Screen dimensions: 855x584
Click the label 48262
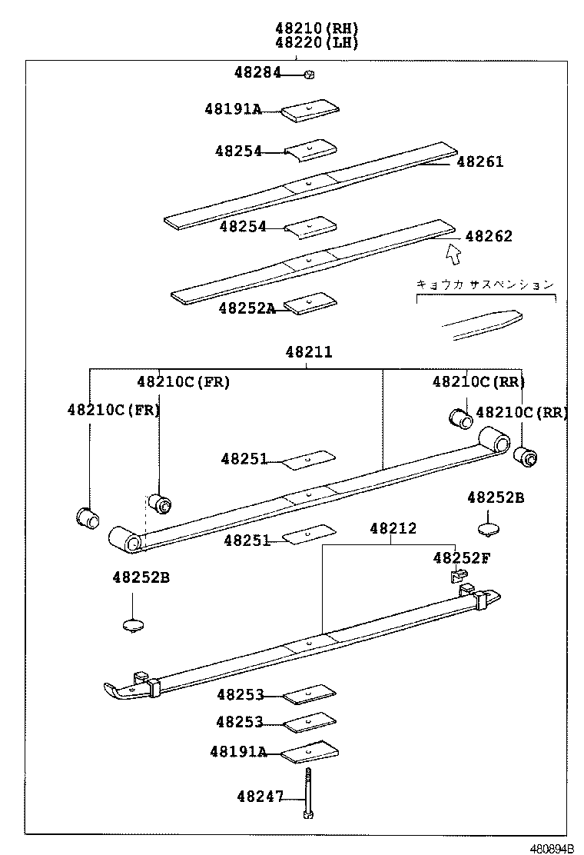coord(488,236)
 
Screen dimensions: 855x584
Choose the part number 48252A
coord(246,308)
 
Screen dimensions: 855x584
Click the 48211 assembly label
coord(309,352)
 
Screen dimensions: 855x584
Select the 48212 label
coord(393,528)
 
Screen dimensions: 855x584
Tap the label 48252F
coord(460,557)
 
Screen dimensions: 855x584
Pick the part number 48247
coord(260,797)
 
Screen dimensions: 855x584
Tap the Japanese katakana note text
coord(484,284)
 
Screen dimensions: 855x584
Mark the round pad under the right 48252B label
coord(489,529)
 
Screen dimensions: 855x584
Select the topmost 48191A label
coord(232,109)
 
